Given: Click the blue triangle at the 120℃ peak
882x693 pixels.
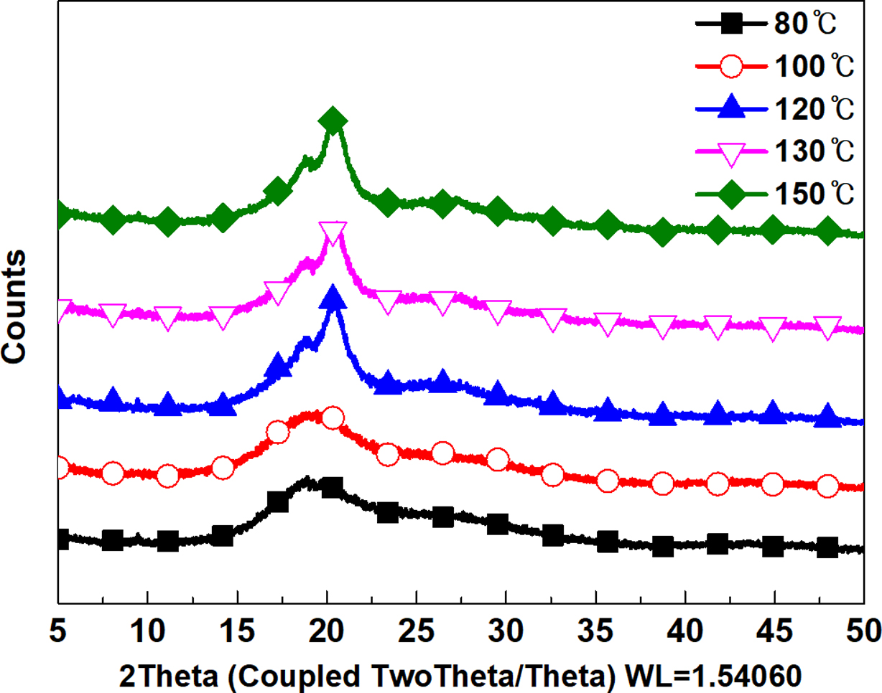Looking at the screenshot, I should (333, 298).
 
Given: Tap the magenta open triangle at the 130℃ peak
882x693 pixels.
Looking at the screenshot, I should (333, 232).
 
